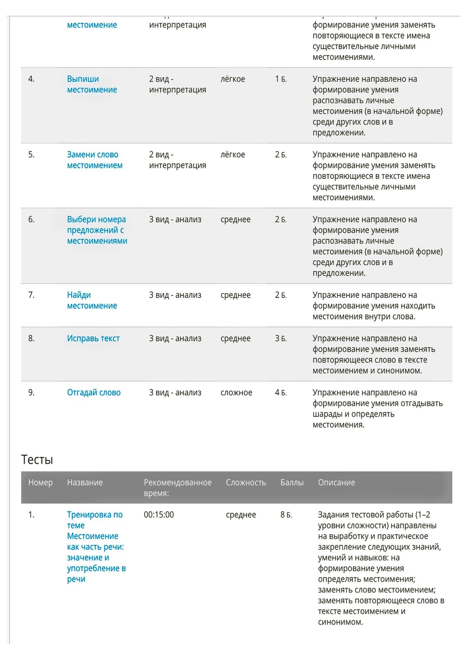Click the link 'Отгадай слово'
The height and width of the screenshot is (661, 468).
click(x=94, y=392)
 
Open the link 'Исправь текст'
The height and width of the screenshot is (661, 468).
click(x=93, y=338)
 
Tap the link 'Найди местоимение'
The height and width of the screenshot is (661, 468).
click(x=92, y=300)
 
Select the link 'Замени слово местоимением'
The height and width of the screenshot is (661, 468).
click(x=95, y=160)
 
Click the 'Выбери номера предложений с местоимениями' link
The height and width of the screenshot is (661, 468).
click(x=97, y=230)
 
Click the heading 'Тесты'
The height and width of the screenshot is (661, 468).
click(x=37, y=459)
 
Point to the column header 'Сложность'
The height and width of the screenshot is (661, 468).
click(x=246, y=483)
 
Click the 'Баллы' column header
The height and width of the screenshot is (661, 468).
click(x=292, y=483)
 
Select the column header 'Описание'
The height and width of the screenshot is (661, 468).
click(x=336, y=483)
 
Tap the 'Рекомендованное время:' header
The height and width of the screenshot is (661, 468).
click(x=177, y=488)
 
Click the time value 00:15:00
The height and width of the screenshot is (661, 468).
click(x=159, y=515)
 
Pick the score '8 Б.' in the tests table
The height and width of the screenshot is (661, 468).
click(x=286, y=515)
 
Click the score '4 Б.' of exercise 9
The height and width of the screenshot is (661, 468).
click(x=281, y=392)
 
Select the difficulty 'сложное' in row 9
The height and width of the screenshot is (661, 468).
click(x=236, y=392)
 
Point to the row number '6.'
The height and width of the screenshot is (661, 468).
click(x=31, y=220)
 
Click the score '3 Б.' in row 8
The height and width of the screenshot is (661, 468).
click(x=281, y=338)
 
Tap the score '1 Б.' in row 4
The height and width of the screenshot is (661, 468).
click(x=281, y=79)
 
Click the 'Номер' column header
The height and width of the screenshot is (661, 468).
click(x=40, y=483)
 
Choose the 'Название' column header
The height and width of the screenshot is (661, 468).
click(x=85, y=483)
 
